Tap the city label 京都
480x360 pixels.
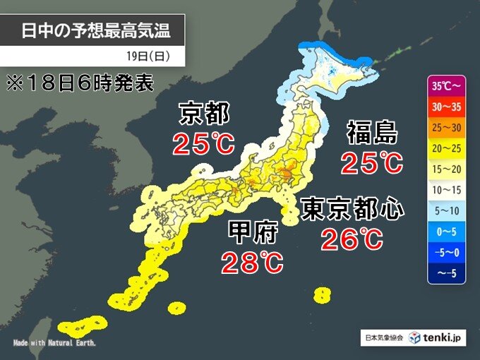(x=204, y=114)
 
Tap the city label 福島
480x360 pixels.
(x=372, y=133)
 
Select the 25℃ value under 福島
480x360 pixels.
(x=371, y=163)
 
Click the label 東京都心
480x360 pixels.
(x=352, y=208)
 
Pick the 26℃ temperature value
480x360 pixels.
(x=352, y=239)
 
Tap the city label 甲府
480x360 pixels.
(x=252, y=232)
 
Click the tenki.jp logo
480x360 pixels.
(x=439, y=337)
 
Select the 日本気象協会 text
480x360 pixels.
(x=385, y=338)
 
